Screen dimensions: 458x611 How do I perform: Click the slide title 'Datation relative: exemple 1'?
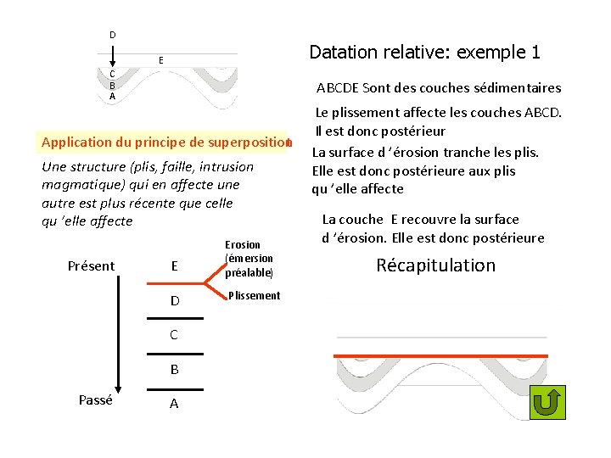(424, 53)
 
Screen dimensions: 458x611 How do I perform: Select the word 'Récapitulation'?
(435, 265)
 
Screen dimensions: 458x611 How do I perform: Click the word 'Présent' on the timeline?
(91, 266)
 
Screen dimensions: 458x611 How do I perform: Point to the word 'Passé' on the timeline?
(95, 400)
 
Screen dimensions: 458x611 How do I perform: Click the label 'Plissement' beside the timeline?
(253, 296)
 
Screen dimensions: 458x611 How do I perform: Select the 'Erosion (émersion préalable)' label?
(249, 259)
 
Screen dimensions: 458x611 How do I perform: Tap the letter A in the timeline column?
(174, 405)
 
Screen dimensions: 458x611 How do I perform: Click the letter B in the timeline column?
(174, 370)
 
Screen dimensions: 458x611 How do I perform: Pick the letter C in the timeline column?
(174, 335)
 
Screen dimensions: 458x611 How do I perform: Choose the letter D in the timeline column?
(174, 301)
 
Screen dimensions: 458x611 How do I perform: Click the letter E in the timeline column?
(174, 266)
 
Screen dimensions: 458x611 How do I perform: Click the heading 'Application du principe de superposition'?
(165, 142)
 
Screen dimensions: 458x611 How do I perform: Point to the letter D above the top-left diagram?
(112, 35)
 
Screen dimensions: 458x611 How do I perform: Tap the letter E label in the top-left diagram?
(160, 60)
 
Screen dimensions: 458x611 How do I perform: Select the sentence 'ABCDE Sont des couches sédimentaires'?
(439, 88)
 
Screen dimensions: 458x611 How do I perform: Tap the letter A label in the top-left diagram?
(112, 97)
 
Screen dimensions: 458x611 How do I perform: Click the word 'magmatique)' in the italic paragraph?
(81, 185)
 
